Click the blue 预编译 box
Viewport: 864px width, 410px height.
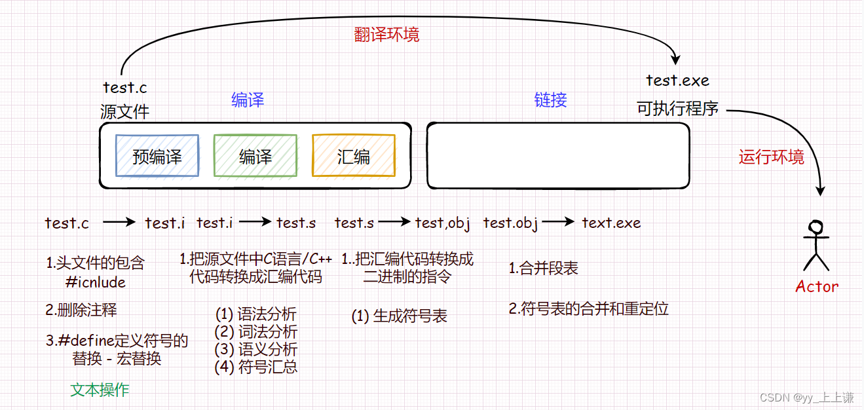[157, 156]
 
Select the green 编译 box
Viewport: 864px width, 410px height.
[255, 156]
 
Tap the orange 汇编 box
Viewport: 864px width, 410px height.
[354, 156]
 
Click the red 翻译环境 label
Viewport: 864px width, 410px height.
[386, 35]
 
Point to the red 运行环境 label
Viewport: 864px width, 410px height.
[771, 157]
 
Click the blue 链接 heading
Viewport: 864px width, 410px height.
[550, 100]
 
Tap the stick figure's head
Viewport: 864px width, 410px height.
[816, 227]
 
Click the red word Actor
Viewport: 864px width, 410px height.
[816, 286]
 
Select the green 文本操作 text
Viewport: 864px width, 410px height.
[100, 390]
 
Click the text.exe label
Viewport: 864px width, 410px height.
[611, 223]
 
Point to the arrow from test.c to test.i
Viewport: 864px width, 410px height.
[119, 223]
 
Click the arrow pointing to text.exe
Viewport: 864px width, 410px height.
[559, 223]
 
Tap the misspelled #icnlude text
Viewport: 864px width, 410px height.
[96, 282]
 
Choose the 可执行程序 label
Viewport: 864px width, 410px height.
[677, 109]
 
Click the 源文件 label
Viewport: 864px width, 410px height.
[124, 111]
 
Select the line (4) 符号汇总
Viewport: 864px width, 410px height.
[256, 367]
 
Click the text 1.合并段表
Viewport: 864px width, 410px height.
[544, 269]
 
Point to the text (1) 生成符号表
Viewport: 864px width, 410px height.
[400, 316]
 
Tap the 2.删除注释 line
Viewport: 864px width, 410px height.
[81, 310]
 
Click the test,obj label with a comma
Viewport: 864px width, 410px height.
[443, 223]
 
